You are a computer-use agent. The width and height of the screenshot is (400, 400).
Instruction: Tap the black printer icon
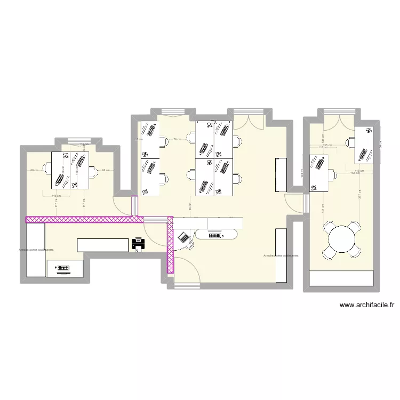click(138, 245)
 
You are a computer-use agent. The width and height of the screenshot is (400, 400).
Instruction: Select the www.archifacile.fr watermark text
click(367, 306)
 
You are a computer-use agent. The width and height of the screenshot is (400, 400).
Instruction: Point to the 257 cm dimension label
click(360, 197)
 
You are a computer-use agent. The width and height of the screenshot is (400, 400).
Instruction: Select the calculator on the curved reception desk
click(183, 236)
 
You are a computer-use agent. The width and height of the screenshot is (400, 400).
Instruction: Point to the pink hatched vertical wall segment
click(170, 245)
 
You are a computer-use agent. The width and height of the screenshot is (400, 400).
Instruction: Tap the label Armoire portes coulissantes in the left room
click(36, 249)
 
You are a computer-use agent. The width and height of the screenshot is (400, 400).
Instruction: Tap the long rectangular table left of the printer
click(103, 245)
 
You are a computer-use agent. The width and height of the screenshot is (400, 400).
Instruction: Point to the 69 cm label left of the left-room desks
click(34, 170)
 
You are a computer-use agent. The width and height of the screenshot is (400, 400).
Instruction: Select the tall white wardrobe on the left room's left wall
click(36, 250)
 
